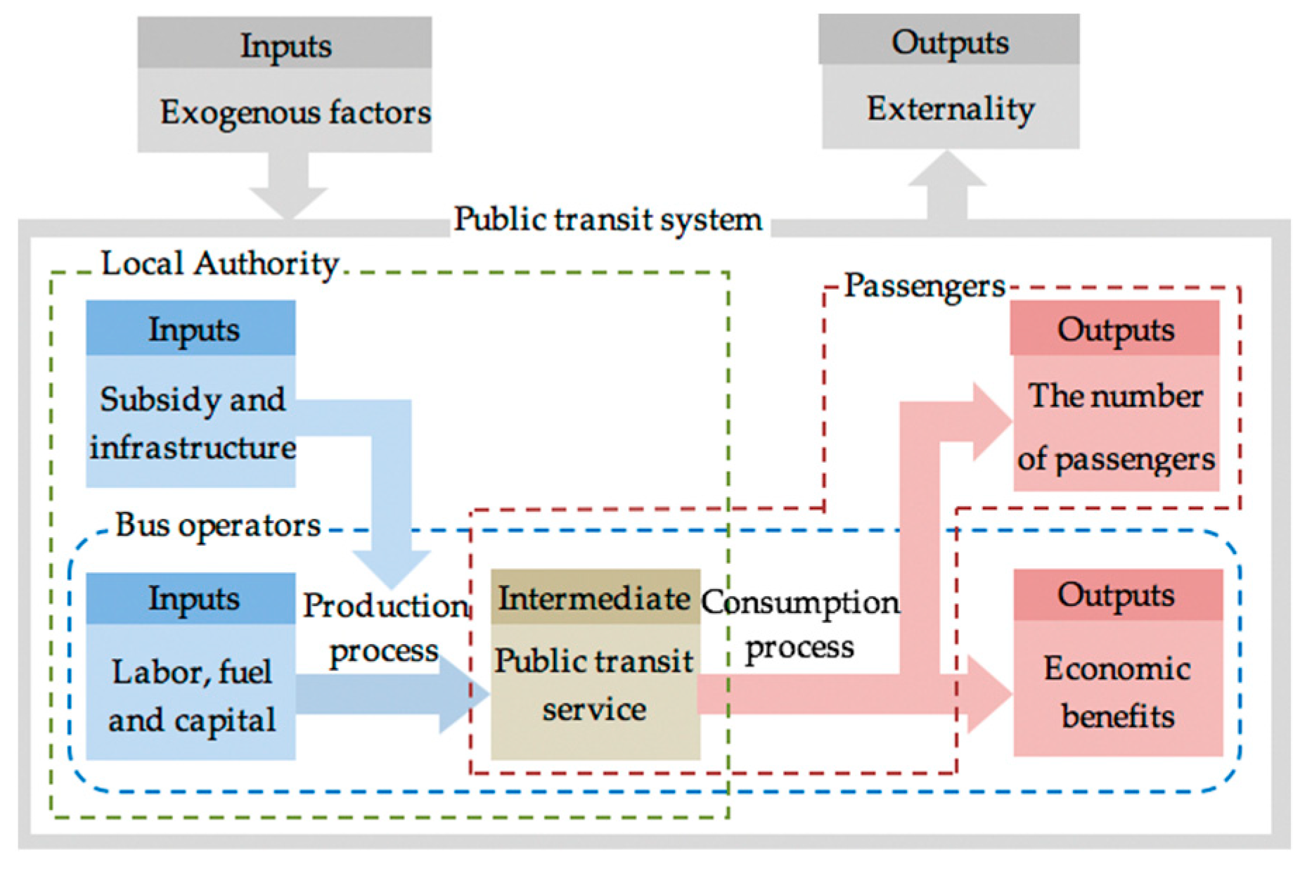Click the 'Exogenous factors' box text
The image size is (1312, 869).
pos(295,112)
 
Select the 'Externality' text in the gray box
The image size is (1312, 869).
pos(951,109)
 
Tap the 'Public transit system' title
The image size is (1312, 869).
pos(607,219)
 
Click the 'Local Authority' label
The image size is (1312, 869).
pos(220,264)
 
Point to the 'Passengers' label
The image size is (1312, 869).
pos(924,285)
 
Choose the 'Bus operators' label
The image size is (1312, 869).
pos(218,525)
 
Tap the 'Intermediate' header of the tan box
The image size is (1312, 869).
pos(594,598)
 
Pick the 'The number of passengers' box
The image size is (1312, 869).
pos(1116,427)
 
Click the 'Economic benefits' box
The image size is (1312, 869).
pos(1117,692)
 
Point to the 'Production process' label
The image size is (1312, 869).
pos(385,627)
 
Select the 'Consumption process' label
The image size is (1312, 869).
pos(800,624)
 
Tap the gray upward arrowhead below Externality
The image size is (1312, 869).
pos(948,170)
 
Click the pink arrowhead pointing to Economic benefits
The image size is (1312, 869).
pos(988,695)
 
